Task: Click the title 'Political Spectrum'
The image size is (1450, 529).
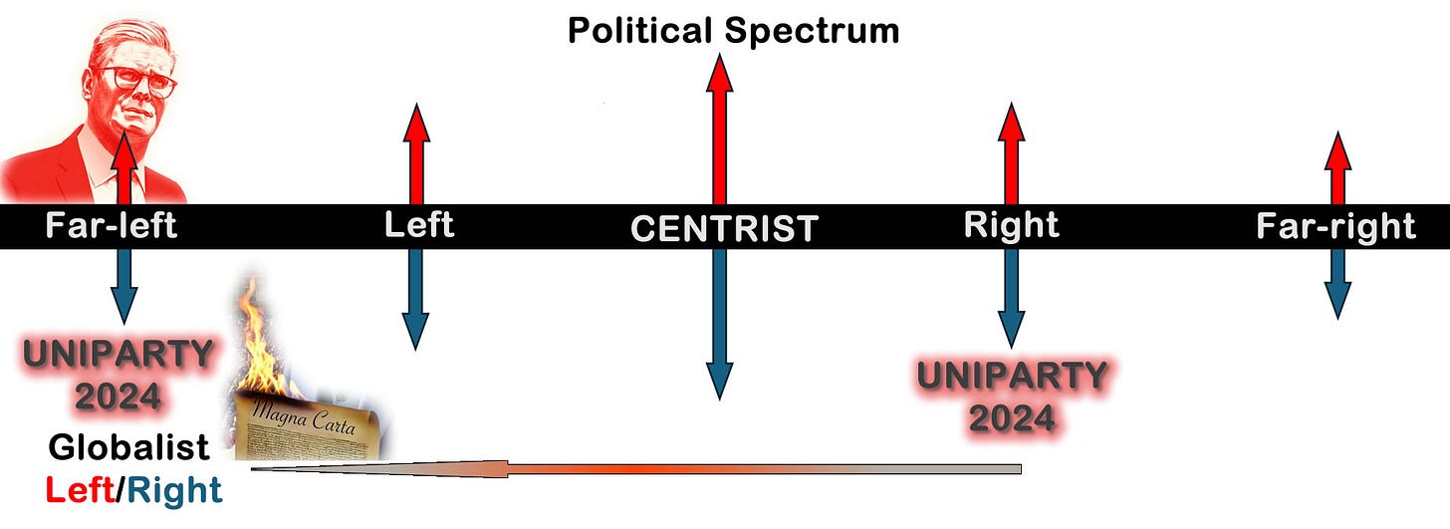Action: tap(733, 31)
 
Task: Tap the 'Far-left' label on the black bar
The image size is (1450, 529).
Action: tap(111, 226)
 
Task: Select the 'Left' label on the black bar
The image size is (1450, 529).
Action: tap(418, 225)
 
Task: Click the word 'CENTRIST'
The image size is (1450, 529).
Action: tap(724, 228)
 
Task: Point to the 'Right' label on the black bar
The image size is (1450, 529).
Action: tap(1011, 225)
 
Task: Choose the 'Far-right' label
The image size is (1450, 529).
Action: tap(1335, 226)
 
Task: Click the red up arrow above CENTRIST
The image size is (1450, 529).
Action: tap(717, 130)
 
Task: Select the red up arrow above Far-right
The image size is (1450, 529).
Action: tap(1337, 169)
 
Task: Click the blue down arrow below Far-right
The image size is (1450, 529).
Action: tap(1337, 284)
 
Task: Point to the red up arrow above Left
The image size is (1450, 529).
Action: tap(416, 154)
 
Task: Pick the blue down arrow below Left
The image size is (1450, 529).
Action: tap(415, 299)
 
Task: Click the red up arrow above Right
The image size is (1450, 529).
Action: tap(1011, 154)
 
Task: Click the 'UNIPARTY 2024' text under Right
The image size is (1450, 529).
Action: tap(1011, 397)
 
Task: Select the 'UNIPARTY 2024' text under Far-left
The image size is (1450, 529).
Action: tap(119, 375)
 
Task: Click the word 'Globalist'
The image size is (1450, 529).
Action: tap(128, 447)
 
